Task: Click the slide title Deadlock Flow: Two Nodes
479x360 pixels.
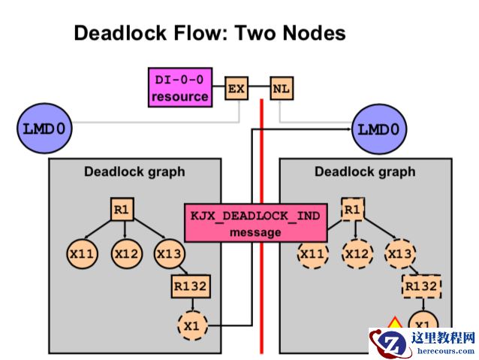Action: [209, 33]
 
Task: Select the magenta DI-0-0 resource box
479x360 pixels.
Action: [179, 87]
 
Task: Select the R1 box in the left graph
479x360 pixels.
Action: [122, 210]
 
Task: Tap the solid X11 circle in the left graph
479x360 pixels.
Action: [82, 254]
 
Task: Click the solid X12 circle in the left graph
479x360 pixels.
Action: [126, 254]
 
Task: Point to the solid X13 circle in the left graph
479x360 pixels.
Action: [170, 254]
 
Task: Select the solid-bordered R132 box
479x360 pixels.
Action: [191, 286]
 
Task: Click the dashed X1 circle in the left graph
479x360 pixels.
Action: [191, 326]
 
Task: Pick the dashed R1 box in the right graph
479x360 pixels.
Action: [352, 210]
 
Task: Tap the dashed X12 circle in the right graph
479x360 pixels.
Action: [357, 254]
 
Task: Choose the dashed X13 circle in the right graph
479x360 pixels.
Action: [400, 254]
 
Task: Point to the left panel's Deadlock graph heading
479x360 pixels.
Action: [134, 171]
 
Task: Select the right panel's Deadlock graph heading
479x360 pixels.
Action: [365, 171]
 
